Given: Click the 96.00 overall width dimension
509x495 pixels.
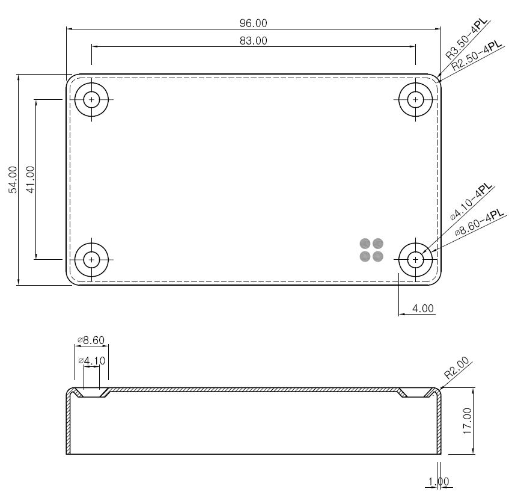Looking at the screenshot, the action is click(254, 23).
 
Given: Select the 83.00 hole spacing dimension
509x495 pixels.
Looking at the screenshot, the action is click(254, 41).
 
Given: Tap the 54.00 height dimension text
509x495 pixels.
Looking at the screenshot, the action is click(13, 180).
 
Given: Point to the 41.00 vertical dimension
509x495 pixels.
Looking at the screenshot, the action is click(30, 180).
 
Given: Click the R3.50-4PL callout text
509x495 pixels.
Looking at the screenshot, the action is click(466, 39).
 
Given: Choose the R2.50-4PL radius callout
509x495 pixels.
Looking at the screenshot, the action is click(477, 56).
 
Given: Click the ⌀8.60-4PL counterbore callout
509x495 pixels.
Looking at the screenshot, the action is click(480, 223).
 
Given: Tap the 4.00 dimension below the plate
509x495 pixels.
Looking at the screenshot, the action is click(422, 308).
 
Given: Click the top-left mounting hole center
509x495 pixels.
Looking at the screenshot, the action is click(91, 99).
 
